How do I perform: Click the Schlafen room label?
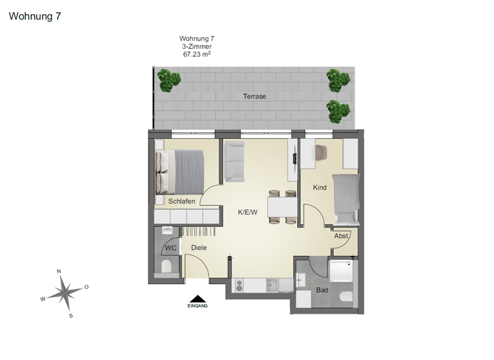coord(181,201)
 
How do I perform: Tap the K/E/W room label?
coord(248,212)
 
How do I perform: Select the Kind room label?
coord(320,188)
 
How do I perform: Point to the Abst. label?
coord(341,236)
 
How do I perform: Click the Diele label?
coord(199,248)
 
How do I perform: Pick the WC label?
coord(170,248)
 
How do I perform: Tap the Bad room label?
coord(322,290)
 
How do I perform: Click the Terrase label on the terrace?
coord(255,96)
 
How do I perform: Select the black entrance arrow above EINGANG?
coord(197,298)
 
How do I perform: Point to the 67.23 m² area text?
coord(197,55)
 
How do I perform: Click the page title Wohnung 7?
coord(35,17)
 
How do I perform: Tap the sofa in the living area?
coord(233,160)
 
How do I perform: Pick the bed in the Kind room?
coord(345,195)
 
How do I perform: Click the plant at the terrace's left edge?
coord(169,80)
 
